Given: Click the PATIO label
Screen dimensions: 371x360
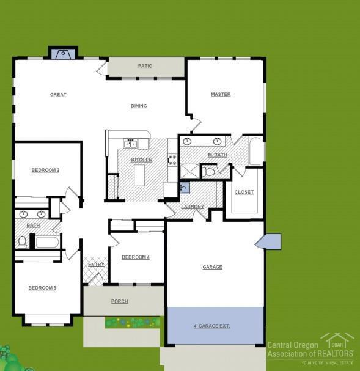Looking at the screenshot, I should coord(145,66).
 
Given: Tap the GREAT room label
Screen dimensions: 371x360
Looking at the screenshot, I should coord(58,95).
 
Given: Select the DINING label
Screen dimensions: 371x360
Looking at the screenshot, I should coord(139,106).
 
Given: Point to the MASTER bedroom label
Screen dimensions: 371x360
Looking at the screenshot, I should coord(221,95).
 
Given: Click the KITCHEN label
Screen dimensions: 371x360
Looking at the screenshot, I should coord(142,160).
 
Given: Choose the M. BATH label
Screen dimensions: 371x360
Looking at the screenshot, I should coord(217,155).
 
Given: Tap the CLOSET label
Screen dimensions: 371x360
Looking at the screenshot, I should coord(244,192).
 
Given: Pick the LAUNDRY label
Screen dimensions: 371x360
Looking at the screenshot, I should coord(193,207).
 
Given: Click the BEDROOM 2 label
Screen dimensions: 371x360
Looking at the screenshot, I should coord(45,170).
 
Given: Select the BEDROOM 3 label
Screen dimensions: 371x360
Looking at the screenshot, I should coord(42,288).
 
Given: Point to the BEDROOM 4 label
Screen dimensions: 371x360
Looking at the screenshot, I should coord(136,257).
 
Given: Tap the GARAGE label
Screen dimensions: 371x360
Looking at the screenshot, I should coord(213,267).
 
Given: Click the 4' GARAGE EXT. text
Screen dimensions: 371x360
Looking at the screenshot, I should coord(211,326).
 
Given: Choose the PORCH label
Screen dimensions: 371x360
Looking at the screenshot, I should coord(119,301).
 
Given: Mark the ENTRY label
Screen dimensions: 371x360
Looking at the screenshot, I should coord(96,265).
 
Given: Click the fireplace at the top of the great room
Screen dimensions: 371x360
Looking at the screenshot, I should coord(63,54).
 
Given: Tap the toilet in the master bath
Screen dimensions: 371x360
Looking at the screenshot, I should coord(209,172).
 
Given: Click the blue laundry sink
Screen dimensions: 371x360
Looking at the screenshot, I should coord(185,188).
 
